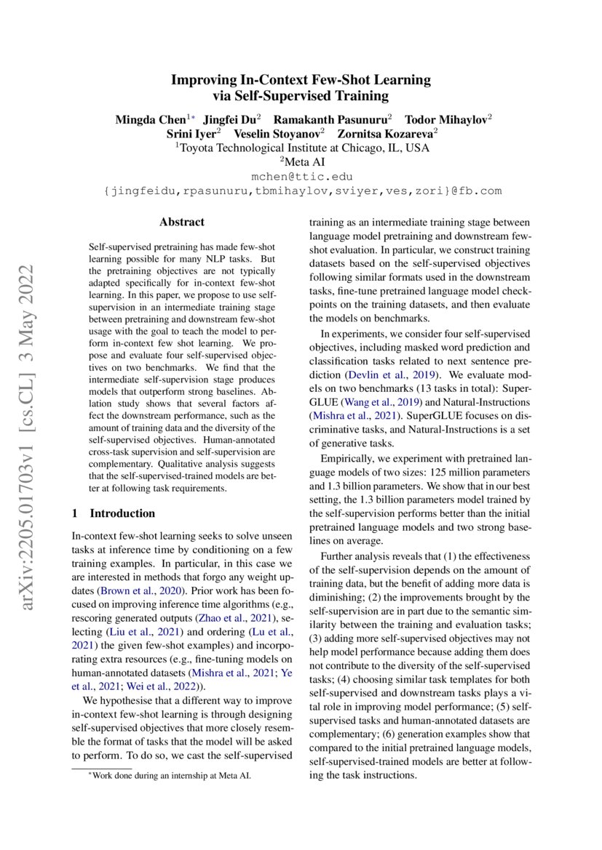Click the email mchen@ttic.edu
[x=301, y=177]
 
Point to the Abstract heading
[x=182, y=222]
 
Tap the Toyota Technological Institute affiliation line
[x=301, y=148]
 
